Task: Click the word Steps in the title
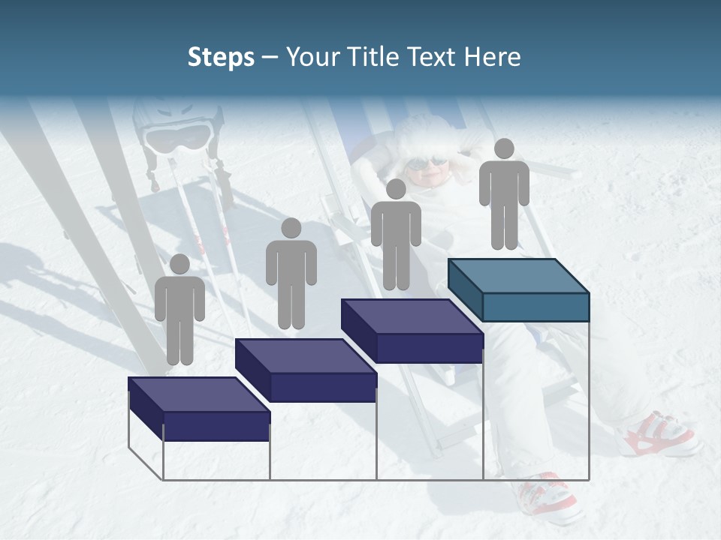tap(221, 57)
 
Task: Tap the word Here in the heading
tap(491, 57)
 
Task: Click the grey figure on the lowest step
tap(179, 309)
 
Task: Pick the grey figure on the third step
tap(396, 234)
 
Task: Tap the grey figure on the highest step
tap(504, 193)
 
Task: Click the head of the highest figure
tap(504, 148)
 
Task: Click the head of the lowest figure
tap(179, 264)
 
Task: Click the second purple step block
tap(306, 370)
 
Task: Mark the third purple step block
tap(412, 331)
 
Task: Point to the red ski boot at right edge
tap(658, 434)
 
